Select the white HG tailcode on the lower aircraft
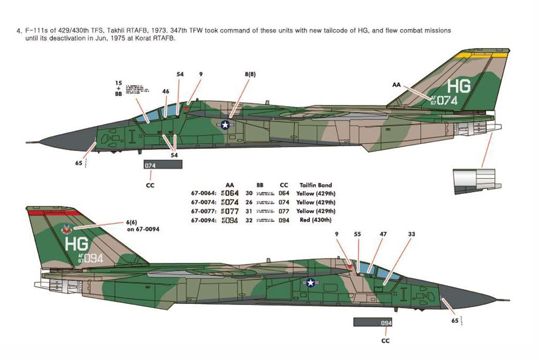coord(76,243)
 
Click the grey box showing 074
coord(163,166)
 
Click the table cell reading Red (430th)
coord(316,220)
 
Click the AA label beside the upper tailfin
coord(397,85)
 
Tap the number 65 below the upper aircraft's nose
coord(79,162)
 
